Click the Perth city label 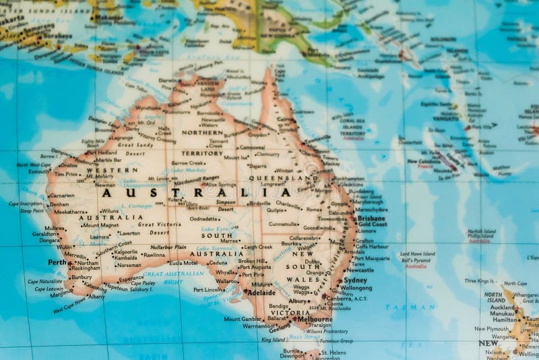tap(57, 262)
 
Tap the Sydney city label tap(355, 280)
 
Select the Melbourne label tap(313, 320)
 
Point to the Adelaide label tap(261, 293)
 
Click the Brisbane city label tap(371, 218)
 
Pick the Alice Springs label tap(221, 184)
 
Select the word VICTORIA tap(290, 313)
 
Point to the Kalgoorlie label tap(125, 251)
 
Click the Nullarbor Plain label tap(168, 247)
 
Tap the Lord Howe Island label tap(417, 254)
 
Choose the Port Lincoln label tap(208, 290)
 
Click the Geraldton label tap(45, 234)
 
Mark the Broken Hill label tap(251, 261)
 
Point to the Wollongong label tap(356, 288)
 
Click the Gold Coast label tap(372, 224)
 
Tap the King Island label tap(273, 340)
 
